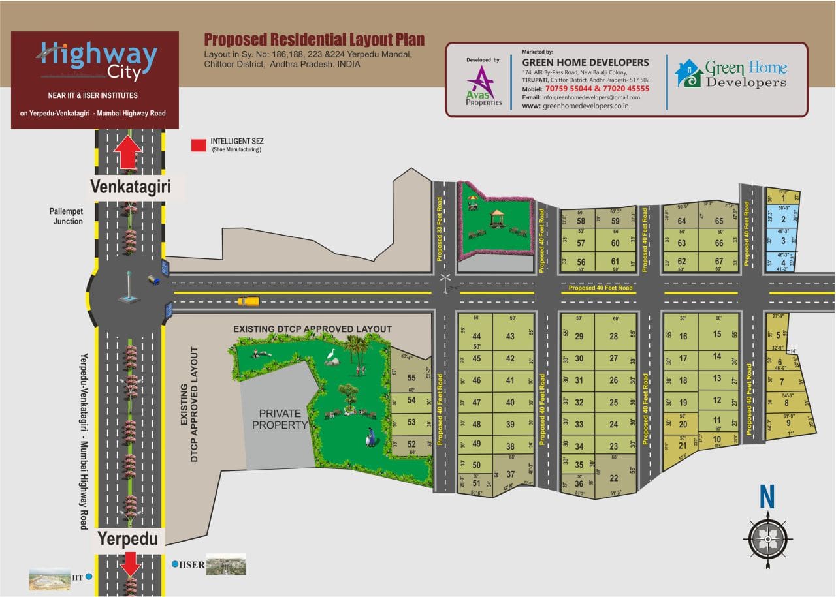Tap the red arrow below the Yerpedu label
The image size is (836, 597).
tap(131, 562)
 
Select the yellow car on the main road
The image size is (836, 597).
tap(248, 301)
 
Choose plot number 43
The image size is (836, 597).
tap(510, 337)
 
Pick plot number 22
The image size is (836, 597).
tap(613, 478)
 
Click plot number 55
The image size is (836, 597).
tap(411, 378)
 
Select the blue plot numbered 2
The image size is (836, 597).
tap(782, 220)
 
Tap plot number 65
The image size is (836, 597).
tap(719, 221)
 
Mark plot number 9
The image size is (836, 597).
tap(788, 423)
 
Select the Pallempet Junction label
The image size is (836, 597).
tap(66, 217)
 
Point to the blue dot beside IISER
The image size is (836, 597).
tap(174, 564)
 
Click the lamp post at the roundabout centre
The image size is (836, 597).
tap(128, 287)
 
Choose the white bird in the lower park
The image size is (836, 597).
tap(331, 356)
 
